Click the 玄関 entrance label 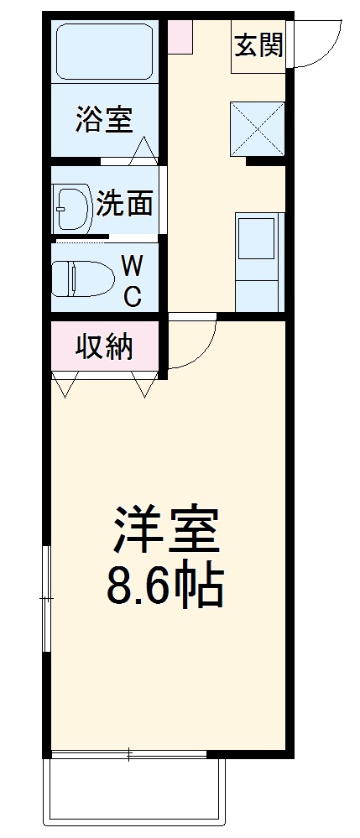coord(258,49)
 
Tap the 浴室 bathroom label coord(103,119)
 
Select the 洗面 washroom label coord(123,203)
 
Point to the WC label coord(132,281)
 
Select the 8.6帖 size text coord(164,587)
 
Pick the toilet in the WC coord(81,278)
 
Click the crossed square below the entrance coord(258,128)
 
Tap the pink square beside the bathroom coord(180,37)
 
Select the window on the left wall coord(47,597)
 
